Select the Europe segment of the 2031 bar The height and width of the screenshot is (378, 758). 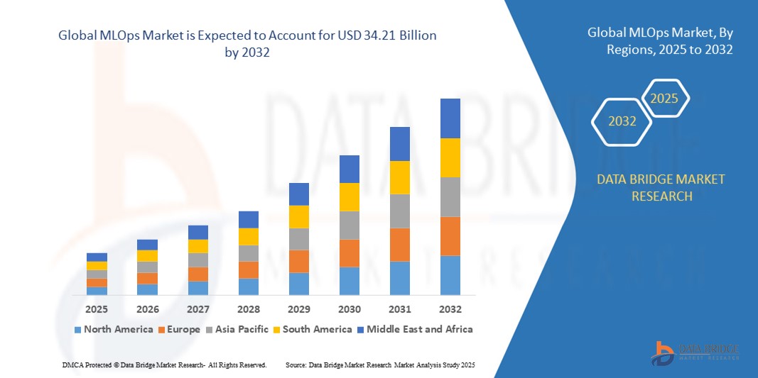click(x=400, y=245)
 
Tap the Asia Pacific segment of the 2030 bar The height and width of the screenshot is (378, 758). click(x=350, y=226)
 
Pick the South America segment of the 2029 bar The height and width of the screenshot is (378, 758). click(x=299, y=217)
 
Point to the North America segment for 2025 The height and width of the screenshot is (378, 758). click(x=97, y=291)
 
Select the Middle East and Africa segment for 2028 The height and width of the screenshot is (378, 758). click(x=249, y=219)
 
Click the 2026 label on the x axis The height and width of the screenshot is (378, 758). click(x=148, y=309)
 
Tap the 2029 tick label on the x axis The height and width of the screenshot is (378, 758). click(x=299, y=309)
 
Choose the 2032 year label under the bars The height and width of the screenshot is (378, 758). click(x=450, y=309)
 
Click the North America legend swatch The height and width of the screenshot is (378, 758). click(x=77, y=330)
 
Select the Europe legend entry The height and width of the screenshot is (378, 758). click(x=179, y=329)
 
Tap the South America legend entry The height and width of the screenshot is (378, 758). click(x=317, y=329)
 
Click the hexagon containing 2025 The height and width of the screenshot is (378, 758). click(x=665, y=99)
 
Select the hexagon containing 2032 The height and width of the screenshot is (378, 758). click(x=622, y=121)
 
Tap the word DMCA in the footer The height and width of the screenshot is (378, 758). click(x=72, y=365)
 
